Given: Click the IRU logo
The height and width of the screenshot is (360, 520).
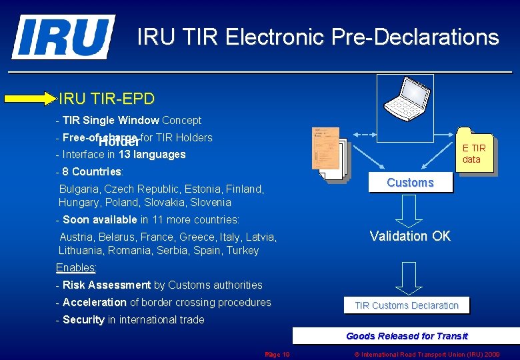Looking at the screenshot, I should pyautogui.click(x=63, y=37).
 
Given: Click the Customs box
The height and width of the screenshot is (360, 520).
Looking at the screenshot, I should pyautogui.click(x=410, y=183).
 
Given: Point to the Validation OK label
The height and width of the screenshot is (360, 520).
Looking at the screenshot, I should pyautogui.click(x=410, y=236).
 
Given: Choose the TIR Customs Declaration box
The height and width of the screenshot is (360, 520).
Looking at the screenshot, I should pyautogui.click(x=407, y=305).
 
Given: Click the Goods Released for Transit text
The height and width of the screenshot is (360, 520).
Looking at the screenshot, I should pyautogui.click(x=407, y=336).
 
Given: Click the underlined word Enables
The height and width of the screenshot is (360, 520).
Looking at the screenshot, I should pyautogui.click(x=75, y=268).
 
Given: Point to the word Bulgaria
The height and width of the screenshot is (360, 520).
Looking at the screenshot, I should pyautogui.click(x=79, y=189).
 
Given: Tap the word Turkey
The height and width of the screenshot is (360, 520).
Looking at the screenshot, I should pyautogui.click(x=243, y=251).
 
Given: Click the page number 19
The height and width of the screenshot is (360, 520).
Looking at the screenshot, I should pyautogui.click(x=285, y=355).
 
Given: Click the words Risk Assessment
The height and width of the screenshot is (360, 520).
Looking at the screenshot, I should pyautogui.click(x=107, y=285).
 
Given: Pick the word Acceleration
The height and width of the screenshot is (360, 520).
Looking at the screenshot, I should pyautogui.click(x=95, y=303).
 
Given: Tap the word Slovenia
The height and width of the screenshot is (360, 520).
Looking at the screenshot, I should pyautogui.click(x=211, y=203).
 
